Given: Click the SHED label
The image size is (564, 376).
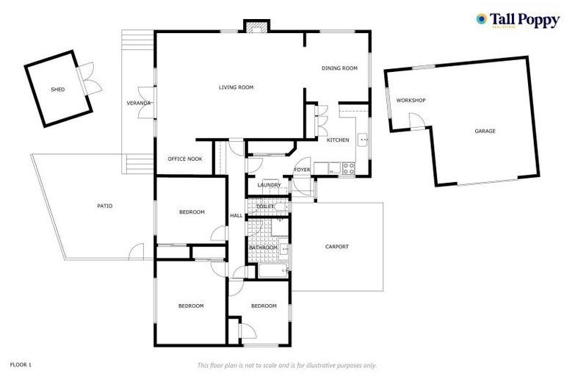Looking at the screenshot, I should [x=57, y=90].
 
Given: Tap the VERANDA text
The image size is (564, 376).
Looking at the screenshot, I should [x=139, y=103].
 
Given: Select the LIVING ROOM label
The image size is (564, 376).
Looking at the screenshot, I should [x=236, y=87].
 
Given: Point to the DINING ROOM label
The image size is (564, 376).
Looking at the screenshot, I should [x=339, y=68].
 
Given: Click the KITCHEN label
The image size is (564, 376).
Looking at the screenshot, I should [x=338, y=140].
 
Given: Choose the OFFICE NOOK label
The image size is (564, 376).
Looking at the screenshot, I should [x=184, y=159].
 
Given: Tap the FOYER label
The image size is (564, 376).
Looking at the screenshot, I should [x=302, y=170].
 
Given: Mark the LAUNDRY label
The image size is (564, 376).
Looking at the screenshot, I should [x=269, y=185].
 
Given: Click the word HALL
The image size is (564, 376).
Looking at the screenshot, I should [x=236, y=216].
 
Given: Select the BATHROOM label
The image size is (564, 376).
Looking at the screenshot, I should [x=262, y=247].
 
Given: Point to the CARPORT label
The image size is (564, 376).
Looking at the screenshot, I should [x=337, y=247].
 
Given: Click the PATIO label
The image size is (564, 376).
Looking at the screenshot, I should [x=105, y=206].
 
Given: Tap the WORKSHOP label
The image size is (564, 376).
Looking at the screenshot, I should [x=411, y=100].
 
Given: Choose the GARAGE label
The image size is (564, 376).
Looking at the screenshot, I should [x=485, y=131].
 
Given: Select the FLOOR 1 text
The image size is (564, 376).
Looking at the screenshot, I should [x=21, y=364].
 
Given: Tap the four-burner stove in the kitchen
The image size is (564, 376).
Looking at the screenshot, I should [x=348, y=167].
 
